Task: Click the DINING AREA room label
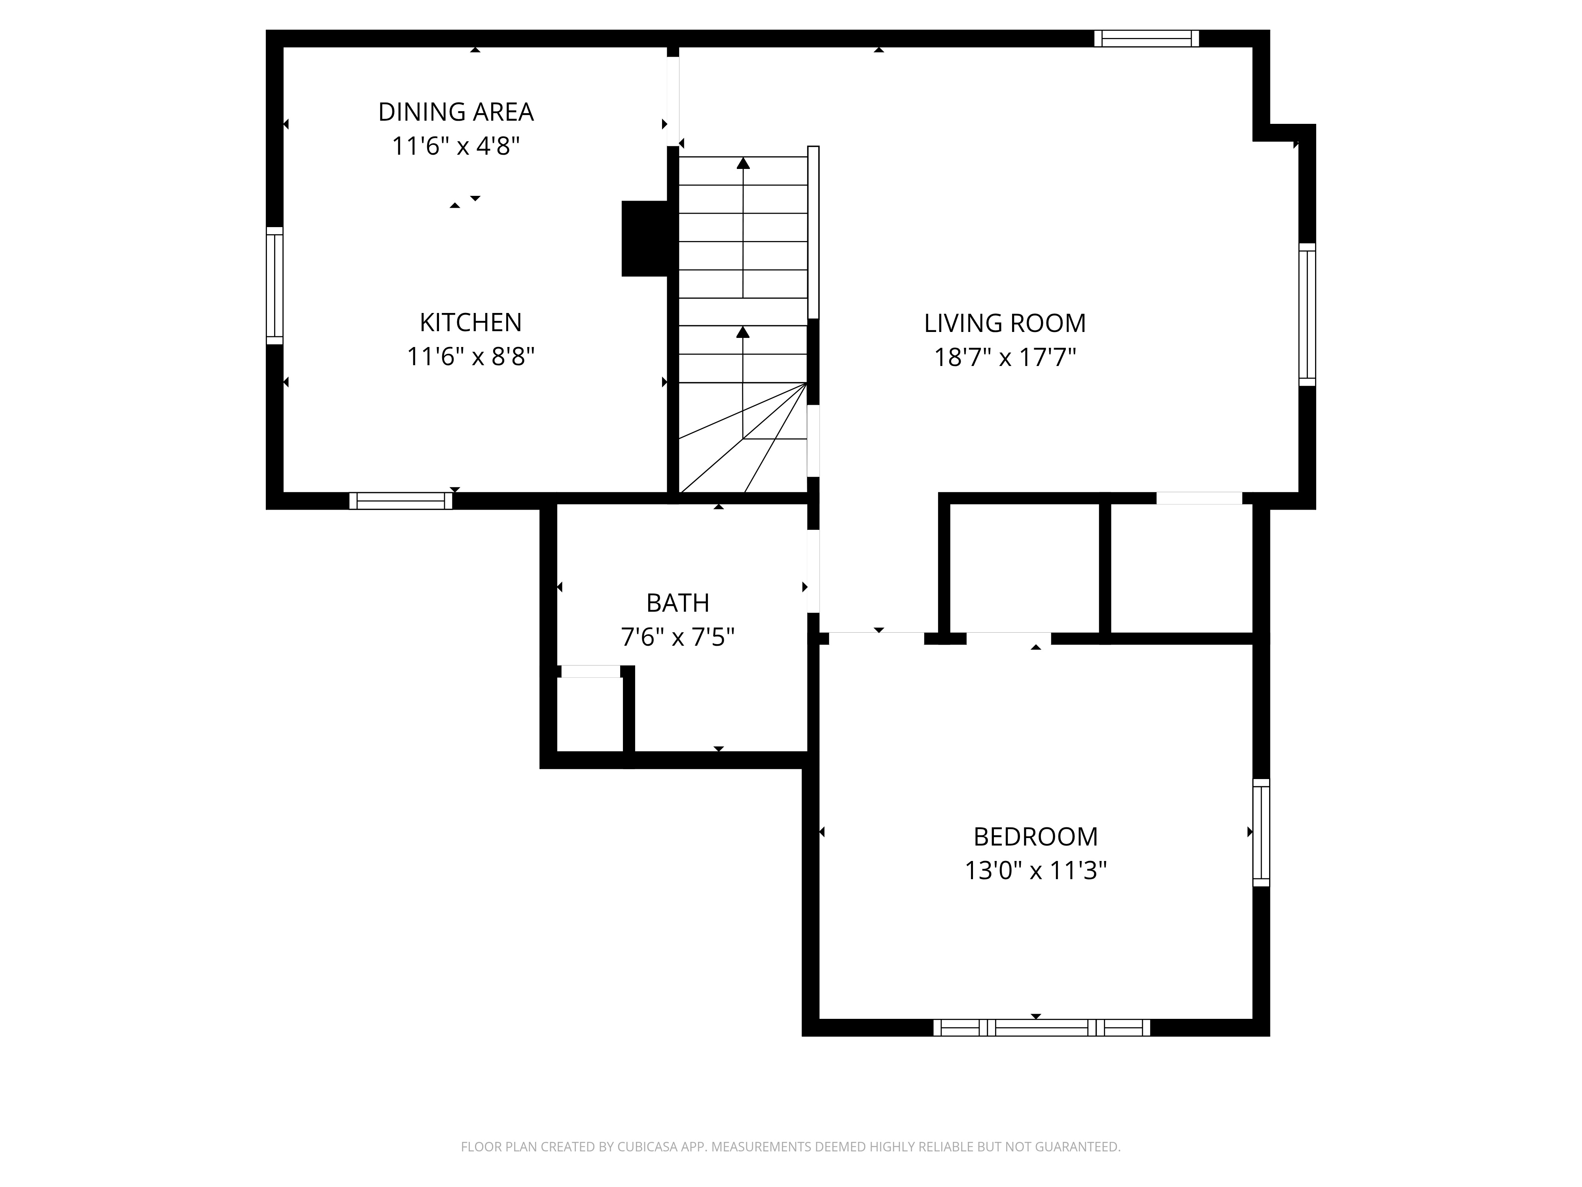456,112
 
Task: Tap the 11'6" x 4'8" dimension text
456,147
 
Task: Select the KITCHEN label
471,323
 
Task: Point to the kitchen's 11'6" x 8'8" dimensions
471,356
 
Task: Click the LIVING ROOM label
1005,323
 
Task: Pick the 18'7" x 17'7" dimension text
1005,357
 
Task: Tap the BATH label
677,603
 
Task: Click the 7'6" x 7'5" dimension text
677,637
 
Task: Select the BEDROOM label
1035,836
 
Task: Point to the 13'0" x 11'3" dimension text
1035,871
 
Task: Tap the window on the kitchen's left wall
274,286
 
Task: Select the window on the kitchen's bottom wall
401,501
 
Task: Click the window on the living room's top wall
1147,39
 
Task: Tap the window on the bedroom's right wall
1261,832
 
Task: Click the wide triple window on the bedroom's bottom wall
1041,1028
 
